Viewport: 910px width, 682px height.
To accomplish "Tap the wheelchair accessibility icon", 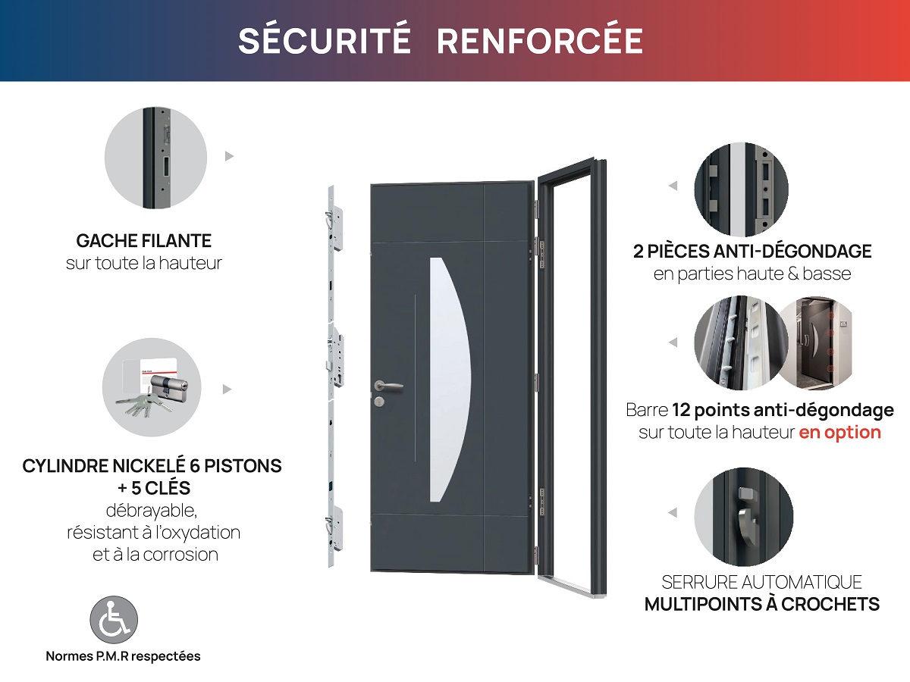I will [114, 618].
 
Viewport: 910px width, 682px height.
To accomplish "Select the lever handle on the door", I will [388, 386].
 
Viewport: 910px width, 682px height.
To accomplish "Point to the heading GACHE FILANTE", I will [144, 241].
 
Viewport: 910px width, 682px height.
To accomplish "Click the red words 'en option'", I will [839, 433].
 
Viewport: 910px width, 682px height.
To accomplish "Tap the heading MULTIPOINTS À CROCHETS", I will [761, 605].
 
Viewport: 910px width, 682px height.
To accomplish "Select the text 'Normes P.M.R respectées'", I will [123, 656].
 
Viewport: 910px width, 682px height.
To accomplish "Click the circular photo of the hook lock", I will [743, 516].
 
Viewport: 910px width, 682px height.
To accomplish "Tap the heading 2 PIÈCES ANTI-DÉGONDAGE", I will [752, 251].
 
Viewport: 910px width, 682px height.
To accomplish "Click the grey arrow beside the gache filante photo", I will [230, 157].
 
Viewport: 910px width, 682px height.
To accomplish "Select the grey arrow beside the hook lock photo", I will [672, 513].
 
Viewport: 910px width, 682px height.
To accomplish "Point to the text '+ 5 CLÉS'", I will [152, 487].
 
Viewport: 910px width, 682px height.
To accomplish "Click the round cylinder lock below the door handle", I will [378, 400].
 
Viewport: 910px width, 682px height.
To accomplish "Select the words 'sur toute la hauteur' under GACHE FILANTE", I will [144, 264].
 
